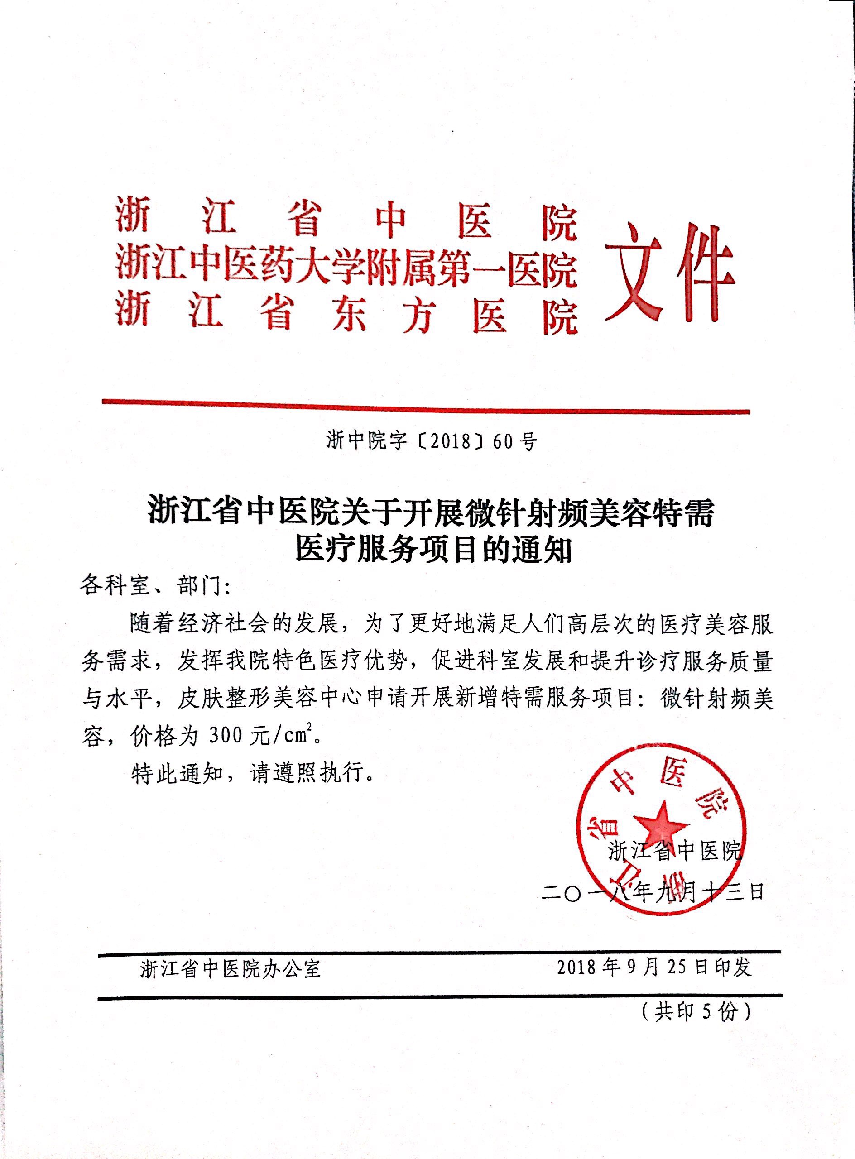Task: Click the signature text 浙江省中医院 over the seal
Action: pos(675,851)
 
